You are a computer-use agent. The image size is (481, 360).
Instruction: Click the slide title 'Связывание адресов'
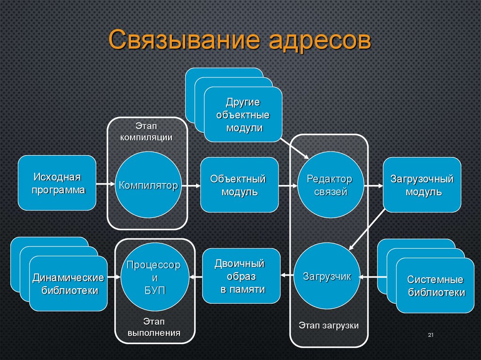240,40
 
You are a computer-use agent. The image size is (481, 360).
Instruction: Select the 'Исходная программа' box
57,183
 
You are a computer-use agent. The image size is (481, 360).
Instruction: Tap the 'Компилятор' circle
148,185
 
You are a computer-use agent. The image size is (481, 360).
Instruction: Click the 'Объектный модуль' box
239,185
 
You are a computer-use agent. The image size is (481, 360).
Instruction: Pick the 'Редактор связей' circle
330,185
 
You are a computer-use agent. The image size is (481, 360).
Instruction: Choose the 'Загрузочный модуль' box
422,185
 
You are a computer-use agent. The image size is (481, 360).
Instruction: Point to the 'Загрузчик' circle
327,276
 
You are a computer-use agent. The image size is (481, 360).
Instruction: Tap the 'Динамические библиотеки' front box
68,283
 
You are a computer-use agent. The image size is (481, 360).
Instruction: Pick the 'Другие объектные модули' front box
243,115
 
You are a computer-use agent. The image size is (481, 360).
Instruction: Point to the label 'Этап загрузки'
329,325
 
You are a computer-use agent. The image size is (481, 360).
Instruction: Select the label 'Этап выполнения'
154,327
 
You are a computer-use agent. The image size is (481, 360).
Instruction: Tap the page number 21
430,335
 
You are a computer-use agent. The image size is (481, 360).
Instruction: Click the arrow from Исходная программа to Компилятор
106,184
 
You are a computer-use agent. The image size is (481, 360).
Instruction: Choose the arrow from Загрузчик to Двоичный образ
287,276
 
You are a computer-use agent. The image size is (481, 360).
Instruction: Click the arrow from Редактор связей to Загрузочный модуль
373,185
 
